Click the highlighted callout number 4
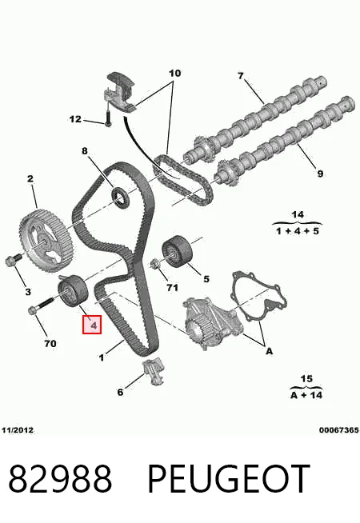coord(92,324)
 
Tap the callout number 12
coord(75,119)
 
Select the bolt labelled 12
coord(108,118)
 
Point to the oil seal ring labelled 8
coord(119,198)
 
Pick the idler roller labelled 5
coord(175,251)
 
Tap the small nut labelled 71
coord(155,265)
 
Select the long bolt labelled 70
coord(41,305)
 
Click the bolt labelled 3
coord(13,259)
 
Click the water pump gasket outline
coord(259,297)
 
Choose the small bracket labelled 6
coord(154,371)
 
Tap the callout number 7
coord(241,76)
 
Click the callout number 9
coord(320,174)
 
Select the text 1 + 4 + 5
coord(298,231)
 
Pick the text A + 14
coord(306,395)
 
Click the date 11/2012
coord(18,430)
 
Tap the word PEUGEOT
coord(229,478)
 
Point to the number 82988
coord(60,478)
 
